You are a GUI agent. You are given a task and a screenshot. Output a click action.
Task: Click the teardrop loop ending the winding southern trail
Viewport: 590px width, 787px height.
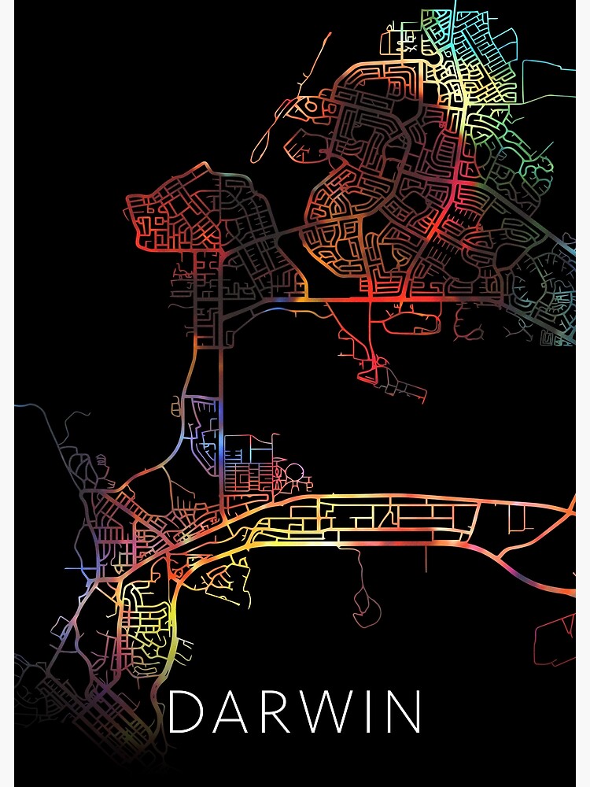point(366,610)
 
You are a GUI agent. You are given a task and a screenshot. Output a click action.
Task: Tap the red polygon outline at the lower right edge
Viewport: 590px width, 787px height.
point(557,641)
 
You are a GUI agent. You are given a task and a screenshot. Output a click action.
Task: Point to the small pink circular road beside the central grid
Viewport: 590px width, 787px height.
point(293,475)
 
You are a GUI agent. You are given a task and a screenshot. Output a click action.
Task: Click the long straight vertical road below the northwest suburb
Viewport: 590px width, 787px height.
point(222,393)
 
